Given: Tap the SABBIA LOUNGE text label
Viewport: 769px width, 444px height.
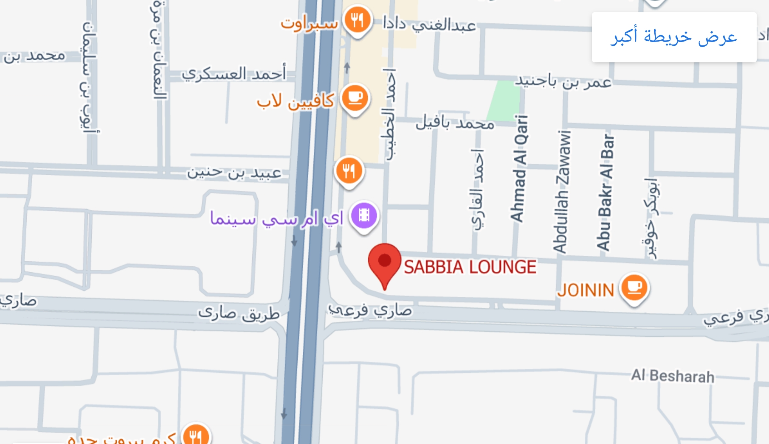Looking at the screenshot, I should (x=470, y=267).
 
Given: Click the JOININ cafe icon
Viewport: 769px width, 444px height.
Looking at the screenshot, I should (x=634, y=287).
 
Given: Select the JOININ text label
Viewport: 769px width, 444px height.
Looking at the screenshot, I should (x=586, y=290).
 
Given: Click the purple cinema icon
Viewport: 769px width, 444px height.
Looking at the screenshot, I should (x=364, y=215).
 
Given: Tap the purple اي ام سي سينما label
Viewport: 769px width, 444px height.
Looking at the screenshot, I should (x=276, y=219).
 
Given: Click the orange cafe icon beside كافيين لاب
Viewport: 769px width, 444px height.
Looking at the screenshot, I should (x=355, y=98).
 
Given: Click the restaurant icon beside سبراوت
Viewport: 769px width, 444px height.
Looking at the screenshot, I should (x=358, y=20).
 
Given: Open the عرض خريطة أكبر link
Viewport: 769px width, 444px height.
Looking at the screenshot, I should (x=673, y=37).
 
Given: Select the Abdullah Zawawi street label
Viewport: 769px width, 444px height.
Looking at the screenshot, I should (x=562, y=191).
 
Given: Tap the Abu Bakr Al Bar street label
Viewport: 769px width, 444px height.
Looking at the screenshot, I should (x=606, y=193).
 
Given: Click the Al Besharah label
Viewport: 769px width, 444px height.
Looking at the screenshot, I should (x=672, y=376).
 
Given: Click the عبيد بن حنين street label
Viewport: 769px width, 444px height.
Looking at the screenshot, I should (x=234, y=173).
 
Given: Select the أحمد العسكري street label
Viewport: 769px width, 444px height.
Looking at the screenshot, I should (x=234, y=74).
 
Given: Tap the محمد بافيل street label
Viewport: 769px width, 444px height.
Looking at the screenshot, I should (x=455, y=123).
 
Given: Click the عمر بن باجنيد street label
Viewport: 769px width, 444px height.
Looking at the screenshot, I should (x=563, y=81).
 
